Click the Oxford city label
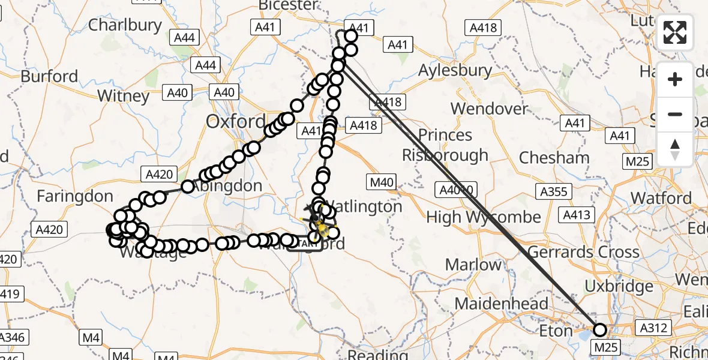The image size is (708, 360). click(235, 121)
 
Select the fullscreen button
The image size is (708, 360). click(675, 32)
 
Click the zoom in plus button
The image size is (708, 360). click(675, 79)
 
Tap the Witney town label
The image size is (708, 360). click(123, 95)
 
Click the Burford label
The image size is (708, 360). click(49, 76)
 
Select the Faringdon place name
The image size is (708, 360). click(74, 196)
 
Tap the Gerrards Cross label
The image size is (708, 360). click(583, 251)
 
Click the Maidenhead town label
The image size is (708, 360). click(502, 303)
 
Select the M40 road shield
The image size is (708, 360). click(382, 181)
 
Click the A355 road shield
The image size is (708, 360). click(552, 191)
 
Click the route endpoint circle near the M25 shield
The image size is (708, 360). click(599, 329)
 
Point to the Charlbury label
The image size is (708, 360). click(125, 25)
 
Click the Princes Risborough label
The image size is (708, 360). click(445, 145)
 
